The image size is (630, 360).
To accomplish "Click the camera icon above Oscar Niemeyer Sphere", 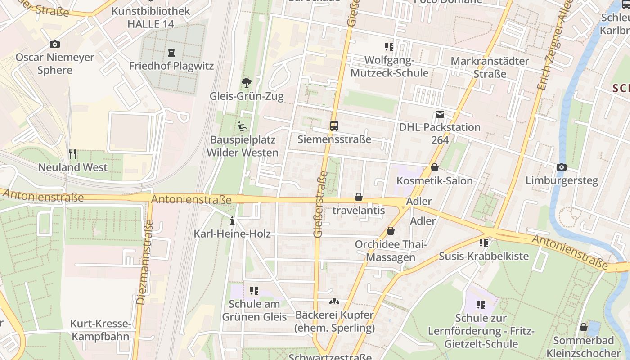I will (x=55, y=44).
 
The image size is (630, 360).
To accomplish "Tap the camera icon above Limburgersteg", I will (x=561, y=167).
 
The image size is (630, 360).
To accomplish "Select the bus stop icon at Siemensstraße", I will (x=334, y=126).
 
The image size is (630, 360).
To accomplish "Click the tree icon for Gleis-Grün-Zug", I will (x=246, y=83).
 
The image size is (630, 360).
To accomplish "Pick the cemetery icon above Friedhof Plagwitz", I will (x=171, y=53).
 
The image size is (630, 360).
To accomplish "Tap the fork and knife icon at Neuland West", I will (x=72, y=154).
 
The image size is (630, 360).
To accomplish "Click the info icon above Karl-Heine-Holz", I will (x=232, y=220).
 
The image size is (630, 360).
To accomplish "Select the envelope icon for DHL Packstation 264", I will (x=440, y=114).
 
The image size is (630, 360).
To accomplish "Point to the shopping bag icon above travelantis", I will (x=359, y=197).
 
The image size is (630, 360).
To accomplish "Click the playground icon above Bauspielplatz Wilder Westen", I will (x=242, y=126).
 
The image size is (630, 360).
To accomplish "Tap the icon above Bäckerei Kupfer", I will (x=334, y=301).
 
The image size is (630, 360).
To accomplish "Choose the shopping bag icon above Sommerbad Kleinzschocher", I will (x=584, y=327).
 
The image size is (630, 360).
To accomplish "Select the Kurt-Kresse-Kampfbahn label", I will (x=100, y=330).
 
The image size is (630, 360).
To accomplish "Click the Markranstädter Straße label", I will (x=490, y=67).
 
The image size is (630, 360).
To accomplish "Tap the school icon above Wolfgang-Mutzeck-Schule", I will (x=389, y=47).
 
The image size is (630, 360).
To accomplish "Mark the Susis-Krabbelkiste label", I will (x=484, y=256).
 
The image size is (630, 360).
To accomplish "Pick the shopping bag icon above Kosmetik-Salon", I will (x=435, y=168).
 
